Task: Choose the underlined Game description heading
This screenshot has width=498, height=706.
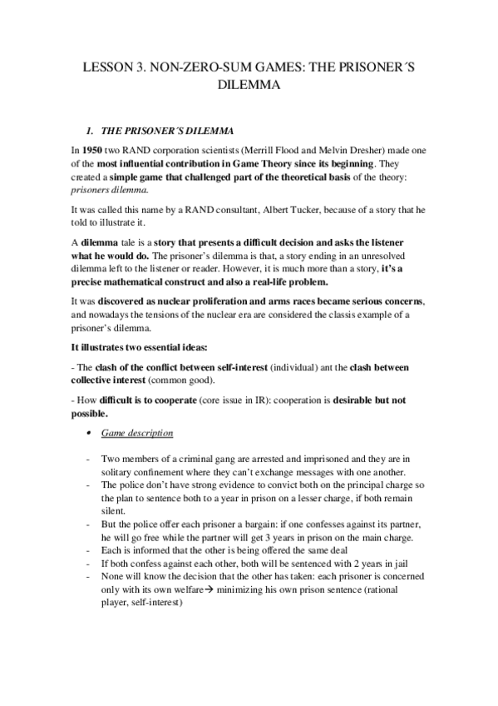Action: (137, 433)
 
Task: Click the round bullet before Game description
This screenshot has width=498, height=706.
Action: (89, 434)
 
